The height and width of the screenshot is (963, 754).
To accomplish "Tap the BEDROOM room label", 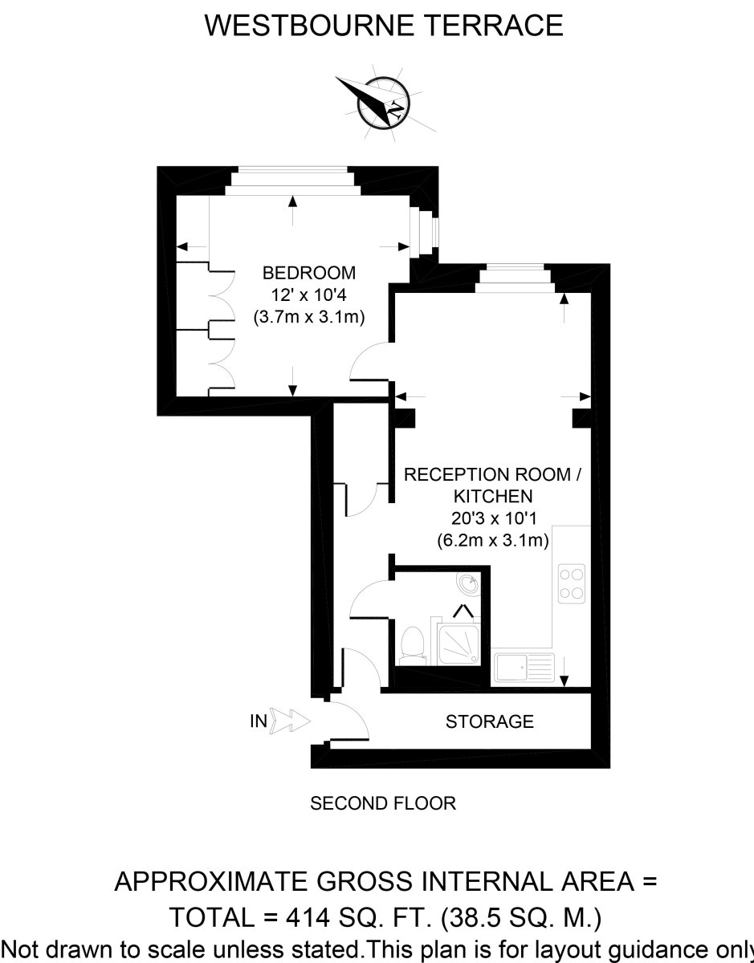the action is tap(309, 273).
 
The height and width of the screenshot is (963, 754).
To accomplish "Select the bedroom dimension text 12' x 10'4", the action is tap(309, 295).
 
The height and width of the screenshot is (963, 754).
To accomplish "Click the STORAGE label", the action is tap(489, 721).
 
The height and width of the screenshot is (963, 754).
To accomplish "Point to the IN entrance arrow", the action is tap(290, 721).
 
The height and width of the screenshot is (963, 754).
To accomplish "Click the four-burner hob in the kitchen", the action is tap(572, 583).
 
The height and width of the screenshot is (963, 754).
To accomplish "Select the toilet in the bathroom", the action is tap(413, 645).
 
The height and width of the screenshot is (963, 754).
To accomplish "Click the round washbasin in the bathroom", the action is tap(469, 585).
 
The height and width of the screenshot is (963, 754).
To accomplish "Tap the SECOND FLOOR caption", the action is tap(383, 803).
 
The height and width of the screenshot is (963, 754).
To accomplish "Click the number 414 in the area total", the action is tap(308, 917).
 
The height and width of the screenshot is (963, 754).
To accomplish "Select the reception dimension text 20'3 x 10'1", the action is tap(493, 518).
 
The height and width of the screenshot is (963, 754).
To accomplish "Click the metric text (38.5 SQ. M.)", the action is tap(521, 917).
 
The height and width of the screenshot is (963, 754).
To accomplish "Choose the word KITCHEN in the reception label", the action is tap(493, 496).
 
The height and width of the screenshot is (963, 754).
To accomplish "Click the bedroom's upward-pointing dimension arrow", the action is tap(292, 210).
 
